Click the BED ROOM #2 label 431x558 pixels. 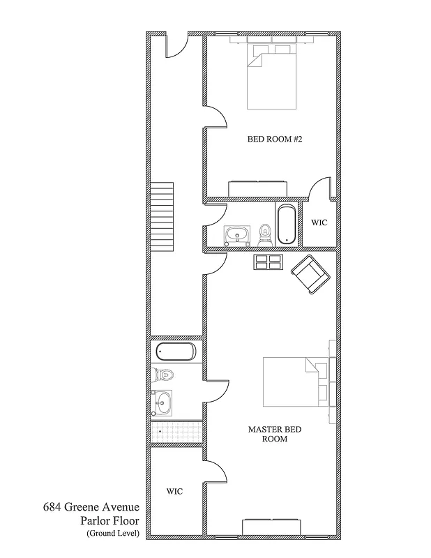point(274,139)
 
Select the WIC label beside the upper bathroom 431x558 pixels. point(319,223)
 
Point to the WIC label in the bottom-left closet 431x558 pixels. point(174,491)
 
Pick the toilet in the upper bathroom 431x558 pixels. point(265,234)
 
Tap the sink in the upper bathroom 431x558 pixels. point(236,236)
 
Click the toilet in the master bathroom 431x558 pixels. point(162,375)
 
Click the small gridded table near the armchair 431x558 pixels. point(268,262)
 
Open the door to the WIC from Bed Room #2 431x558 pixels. point(320,190)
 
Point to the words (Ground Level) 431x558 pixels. point(113,534)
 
